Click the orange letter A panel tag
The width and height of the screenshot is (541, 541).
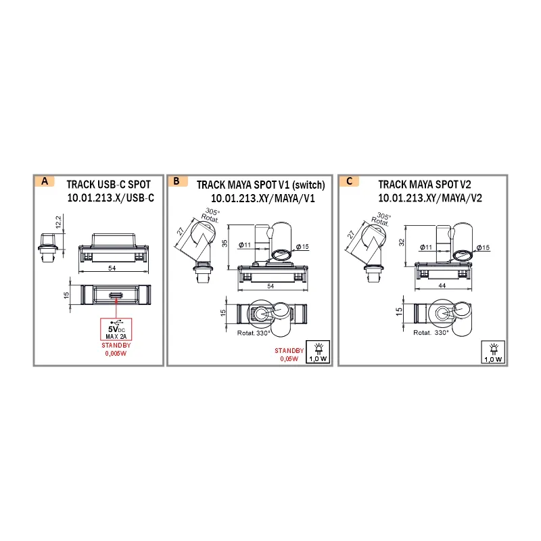pyautogui.click(x=45, y=181)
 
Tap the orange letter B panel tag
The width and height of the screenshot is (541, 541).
pyautogui.click(x=178, y=181)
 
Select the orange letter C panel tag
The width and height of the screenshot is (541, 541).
pyautogui.click(x=349, y=181)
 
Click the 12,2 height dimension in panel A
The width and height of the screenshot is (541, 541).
pyautogui.click(x=58, y=222)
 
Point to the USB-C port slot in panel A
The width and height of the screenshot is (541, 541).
pyautogui.click(x=116, y=296)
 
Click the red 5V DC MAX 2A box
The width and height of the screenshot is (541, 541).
pyautogui.click(x=116, y=329)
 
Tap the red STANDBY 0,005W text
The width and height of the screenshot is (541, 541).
pyautogui.click(x=116, y=349)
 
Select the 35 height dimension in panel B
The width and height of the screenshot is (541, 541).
pyautogui.click(x=225, y=243)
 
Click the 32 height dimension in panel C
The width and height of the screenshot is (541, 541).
pyautogui.click(x=402, y=242)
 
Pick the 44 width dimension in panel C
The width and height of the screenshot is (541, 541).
pyautogui.click(x=442, y=285)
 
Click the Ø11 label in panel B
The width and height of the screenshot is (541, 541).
pyautogui.click(x=245, y=245)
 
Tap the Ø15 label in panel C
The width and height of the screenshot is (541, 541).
pyautogui.click(x=483, y=248)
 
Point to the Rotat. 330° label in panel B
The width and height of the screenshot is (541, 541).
pyautogui.click(x=254, y=333)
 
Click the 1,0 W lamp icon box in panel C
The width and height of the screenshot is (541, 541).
pyautogui.click(x=493, y=352)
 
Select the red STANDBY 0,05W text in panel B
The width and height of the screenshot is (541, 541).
pyautogui.click(x=289, y=354)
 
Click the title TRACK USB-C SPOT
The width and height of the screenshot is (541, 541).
pyautogui.click(x=109, y=185)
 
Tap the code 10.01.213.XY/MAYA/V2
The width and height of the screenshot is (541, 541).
pyautogui.click(x=430, y=198)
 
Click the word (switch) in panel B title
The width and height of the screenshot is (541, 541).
pyautogui.click(x=308, y=185)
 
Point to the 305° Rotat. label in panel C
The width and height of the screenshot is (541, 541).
pyautogui.click(x=381, y=218)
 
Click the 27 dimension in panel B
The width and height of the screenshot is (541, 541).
pyautogui.click(x=181, y=231)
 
